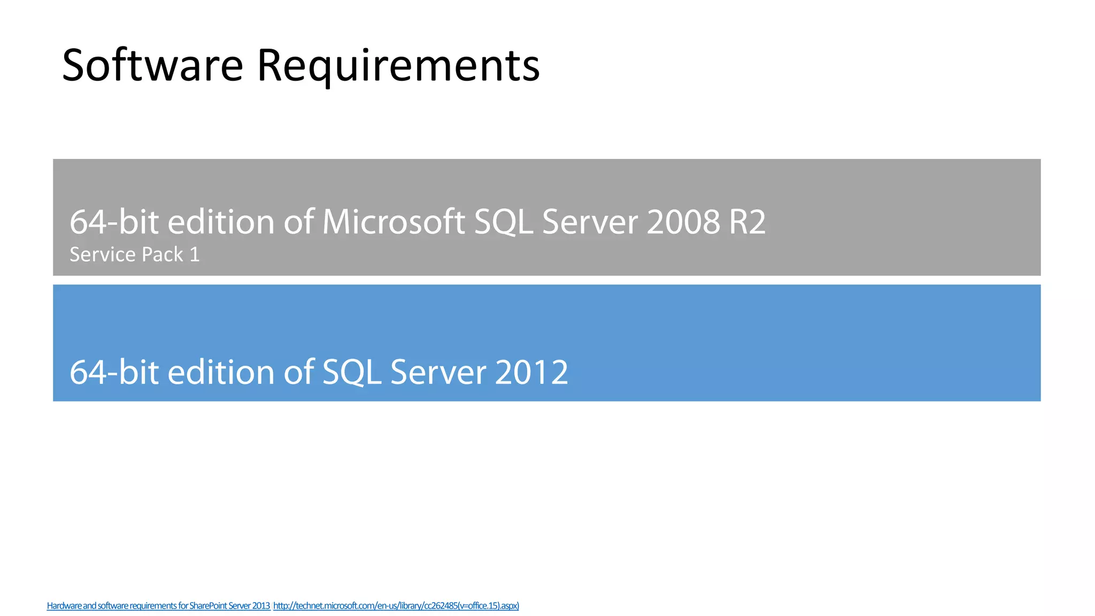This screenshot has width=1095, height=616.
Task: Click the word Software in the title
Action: (x=153, y=65)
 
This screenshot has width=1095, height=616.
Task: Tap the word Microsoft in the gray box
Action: (x=394, y=222)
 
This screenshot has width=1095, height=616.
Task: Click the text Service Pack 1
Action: (x=135, y=255)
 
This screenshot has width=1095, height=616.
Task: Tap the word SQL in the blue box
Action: (x=352, y=372)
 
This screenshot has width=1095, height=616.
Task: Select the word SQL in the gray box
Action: (x=503, y=222)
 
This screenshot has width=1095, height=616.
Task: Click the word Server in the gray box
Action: (x=590, y=222)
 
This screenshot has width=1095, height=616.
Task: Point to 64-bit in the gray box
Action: (x=114, y=222)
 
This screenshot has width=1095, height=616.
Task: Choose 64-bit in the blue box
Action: (x=114, y=372)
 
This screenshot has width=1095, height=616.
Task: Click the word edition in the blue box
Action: (x=221, y=372)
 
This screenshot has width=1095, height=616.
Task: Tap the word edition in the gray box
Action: (x=221, y=222)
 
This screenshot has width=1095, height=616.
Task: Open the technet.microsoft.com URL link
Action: (x=396, y=606)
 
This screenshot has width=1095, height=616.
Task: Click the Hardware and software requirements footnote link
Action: (x=158, y=606)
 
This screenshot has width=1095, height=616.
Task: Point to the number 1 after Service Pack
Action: (x=195, y=255)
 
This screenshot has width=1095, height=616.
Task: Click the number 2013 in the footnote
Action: (x=261, y=606)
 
